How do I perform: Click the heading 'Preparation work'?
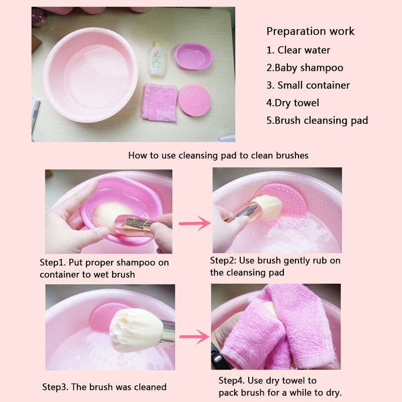pyautogui.click(x=310, y=31)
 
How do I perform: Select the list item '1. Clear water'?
pyautogui.click(x=298, y=50)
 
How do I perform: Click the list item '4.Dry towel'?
pyautogui.click(x=293, y=103)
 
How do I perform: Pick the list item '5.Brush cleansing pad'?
pyautogui.click(x=317, y=121)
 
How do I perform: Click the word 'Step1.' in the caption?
pyautogui.click(x=52, y=263)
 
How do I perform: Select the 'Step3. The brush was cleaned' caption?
pyautogui.click(x=104, y=387)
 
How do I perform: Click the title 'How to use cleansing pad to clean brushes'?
pyautogui.click(x=218, y=155)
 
